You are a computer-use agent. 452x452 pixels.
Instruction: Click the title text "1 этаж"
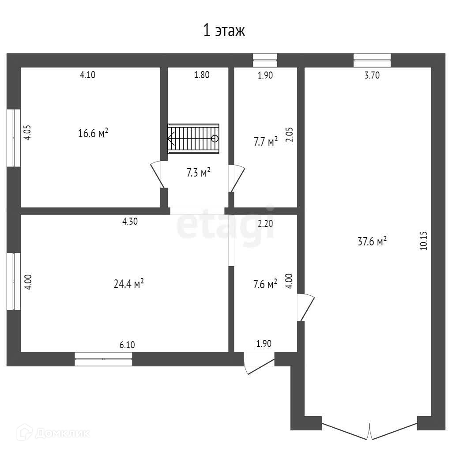(223, 30)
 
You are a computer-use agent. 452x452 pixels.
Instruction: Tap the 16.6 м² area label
(93, 133)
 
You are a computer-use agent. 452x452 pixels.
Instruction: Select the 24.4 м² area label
(129, 284)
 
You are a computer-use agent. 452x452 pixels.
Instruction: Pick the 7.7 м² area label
(266, 142)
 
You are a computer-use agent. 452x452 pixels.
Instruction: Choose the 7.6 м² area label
(265, 283)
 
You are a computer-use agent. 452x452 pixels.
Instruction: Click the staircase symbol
(193, 138)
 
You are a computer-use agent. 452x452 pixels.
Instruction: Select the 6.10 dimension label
(127, 344)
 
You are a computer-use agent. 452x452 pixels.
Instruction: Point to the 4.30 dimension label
(130, 222)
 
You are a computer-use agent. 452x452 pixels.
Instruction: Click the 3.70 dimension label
(372, 75)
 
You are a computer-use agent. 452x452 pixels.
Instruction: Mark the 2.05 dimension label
(290, 134)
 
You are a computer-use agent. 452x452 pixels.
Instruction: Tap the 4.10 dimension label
(87, 75)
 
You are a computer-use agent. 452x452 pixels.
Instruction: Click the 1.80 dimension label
(202, 75)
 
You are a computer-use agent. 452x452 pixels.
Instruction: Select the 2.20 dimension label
(265, 223)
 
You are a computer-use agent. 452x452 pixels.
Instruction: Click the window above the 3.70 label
(372, 60)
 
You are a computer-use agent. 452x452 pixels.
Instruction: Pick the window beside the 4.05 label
(13, 138)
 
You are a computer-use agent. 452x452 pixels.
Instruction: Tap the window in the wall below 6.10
(103, 359)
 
